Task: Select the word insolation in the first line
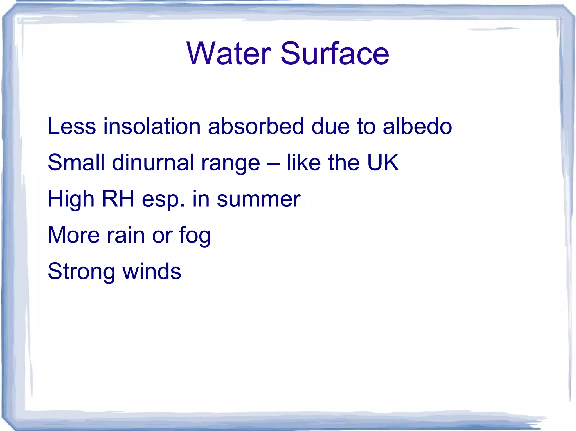pyautogui.click(x=152, y=126)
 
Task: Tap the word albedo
pyautogui.click(x=417, y=126)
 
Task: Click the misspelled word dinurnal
pyautogui.click(x=153, y=163)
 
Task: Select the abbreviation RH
pyautogui.click(x=118, y=199)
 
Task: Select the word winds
pyautogui.click(x=152, y=271)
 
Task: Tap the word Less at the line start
pyautogui.click(x=72, y=126)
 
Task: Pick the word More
pyautogui.click(x=74, y=235)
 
